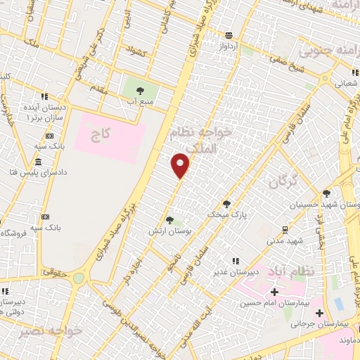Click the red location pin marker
(x=181, y=165)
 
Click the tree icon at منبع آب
(x=139, y=90)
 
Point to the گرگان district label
(x=283, y=183)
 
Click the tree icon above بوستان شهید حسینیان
(x=326, y=193)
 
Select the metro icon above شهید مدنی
(x=285, y=229)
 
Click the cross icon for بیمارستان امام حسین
(x=274, y=292)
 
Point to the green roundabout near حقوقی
(x=78, y=278)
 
